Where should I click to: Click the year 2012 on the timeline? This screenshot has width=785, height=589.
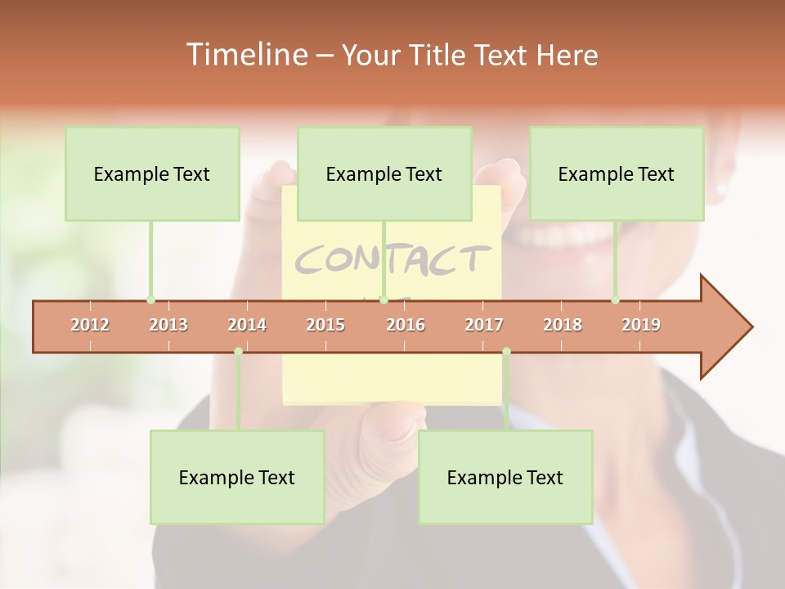90,325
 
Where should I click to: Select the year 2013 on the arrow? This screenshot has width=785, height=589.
168,325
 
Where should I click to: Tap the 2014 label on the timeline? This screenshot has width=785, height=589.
247,325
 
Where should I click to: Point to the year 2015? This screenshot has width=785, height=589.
325,325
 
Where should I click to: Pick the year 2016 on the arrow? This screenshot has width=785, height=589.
406,325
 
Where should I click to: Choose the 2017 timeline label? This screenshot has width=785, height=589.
484,325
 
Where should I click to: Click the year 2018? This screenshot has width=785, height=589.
563,325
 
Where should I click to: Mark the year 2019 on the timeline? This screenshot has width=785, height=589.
641,325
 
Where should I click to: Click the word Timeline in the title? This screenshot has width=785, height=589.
244,55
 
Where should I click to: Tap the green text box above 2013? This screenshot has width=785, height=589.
152,173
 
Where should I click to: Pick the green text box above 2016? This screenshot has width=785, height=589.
384,173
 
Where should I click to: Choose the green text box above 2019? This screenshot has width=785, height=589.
617,173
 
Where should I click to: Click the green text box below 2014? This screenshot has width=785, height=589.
237,477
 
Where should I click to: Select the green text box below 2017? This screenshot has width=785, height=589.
505,477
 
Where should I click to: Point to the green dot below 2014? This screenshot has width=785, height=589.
238,352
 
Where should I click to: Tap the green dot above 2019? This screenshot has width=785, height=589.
616,300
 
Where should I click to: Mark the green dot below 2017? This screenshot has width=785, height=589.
506,352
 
